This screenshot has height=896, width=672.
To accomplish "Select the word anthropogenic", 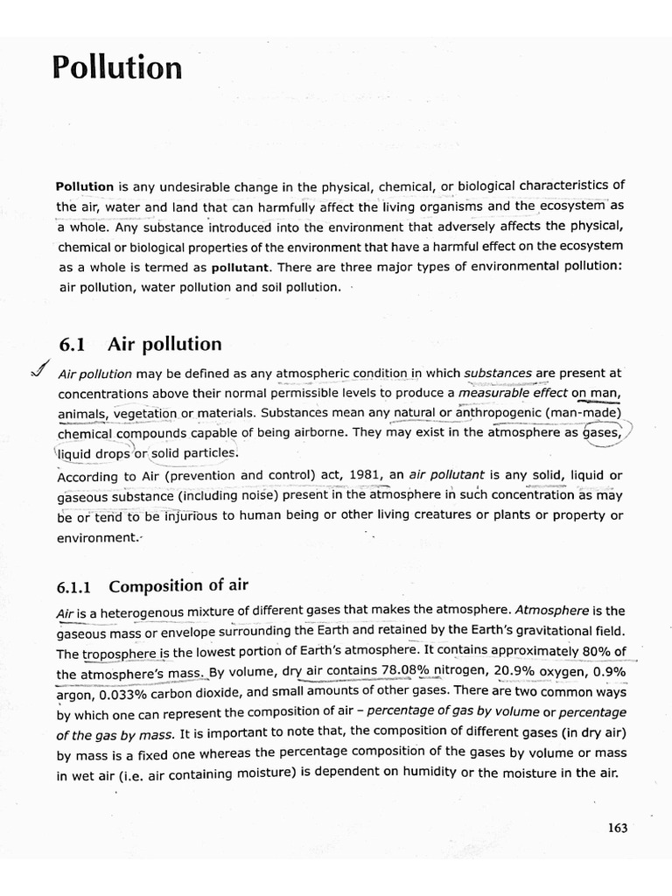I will click(x=506, y=412).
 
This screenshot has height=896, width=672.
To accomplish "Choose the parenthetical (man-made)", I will click(x=588, y=412).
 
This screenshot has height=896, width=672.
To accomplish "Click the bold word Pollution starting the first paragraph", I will click(x=85, y=185).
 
